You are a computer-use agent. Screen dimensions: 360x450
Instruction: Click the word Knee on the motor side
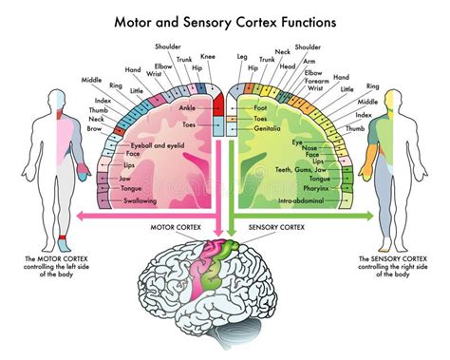pyautogui.click(x=207, y=56)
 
